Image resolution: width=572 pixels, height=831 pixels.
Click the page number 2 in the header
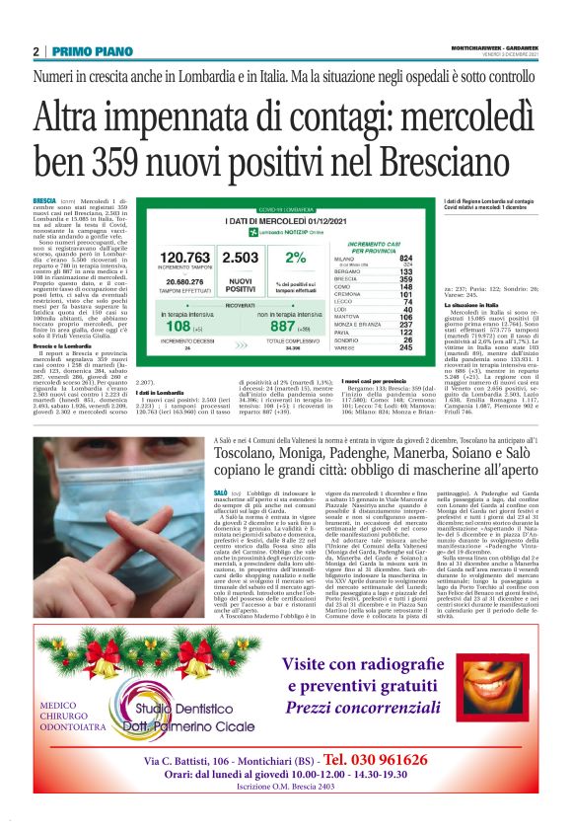coord(36,51)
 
